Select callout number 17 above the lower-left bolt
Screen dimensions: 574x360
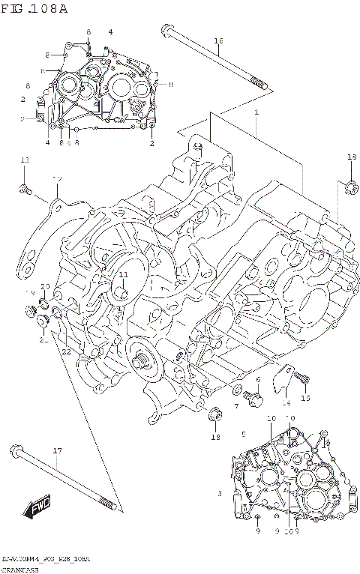tap(56, 450)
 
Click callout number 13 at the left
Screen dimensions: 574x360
tap(25, 160)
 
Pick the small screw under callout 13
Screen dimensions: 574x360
tap(25, 189)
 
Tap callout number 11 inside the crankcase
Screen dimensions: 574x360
tap(123, 275)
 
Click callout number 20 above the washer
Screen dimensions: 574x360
tap(45, 287)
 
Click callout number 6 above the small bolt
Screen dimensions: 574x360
tap(257, 381)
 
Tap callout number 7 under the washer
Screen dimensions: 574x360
tap(236, 405)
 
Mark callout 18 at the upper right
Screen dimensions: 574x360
tap(351, 157)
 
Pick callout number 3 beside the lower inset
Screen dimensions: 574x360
tap(219, 493)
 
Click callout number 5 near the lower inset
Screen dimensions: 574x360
tap(243, 434)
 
